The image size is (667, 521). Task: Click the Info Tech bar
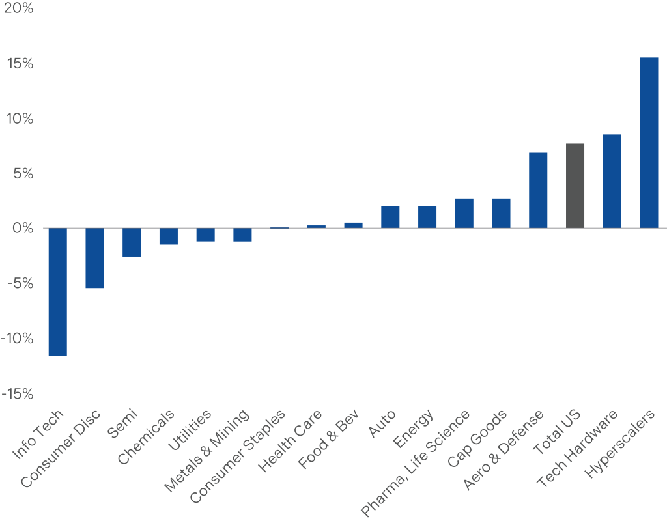click(x=57, y=292)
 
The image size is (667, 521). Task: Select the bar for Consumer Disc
click(x=94, y=258)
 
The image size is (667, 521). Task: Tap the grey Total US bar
click(x=575, y=186)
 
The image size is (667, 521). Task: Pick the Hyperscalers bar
click(x=649, y=143)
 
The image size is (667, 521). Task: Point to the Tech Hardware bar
click(x=612, y=181)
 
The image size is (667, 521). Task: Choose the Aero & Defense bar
click(x=538, y=190)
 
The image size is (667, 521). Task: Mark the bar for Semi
click(x=132, y=242)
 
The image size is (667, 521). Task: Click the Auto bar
click(x=390, y=217)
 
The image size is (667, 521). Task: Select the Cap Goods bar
click(x=501, y=213)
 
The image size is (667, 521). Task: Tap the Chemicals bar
click(x=169, y=236)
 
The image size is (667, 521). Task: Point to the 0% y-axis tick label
click(x=21, y=229)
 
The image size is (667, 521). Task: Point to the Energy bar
click(x=427, y=217)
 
